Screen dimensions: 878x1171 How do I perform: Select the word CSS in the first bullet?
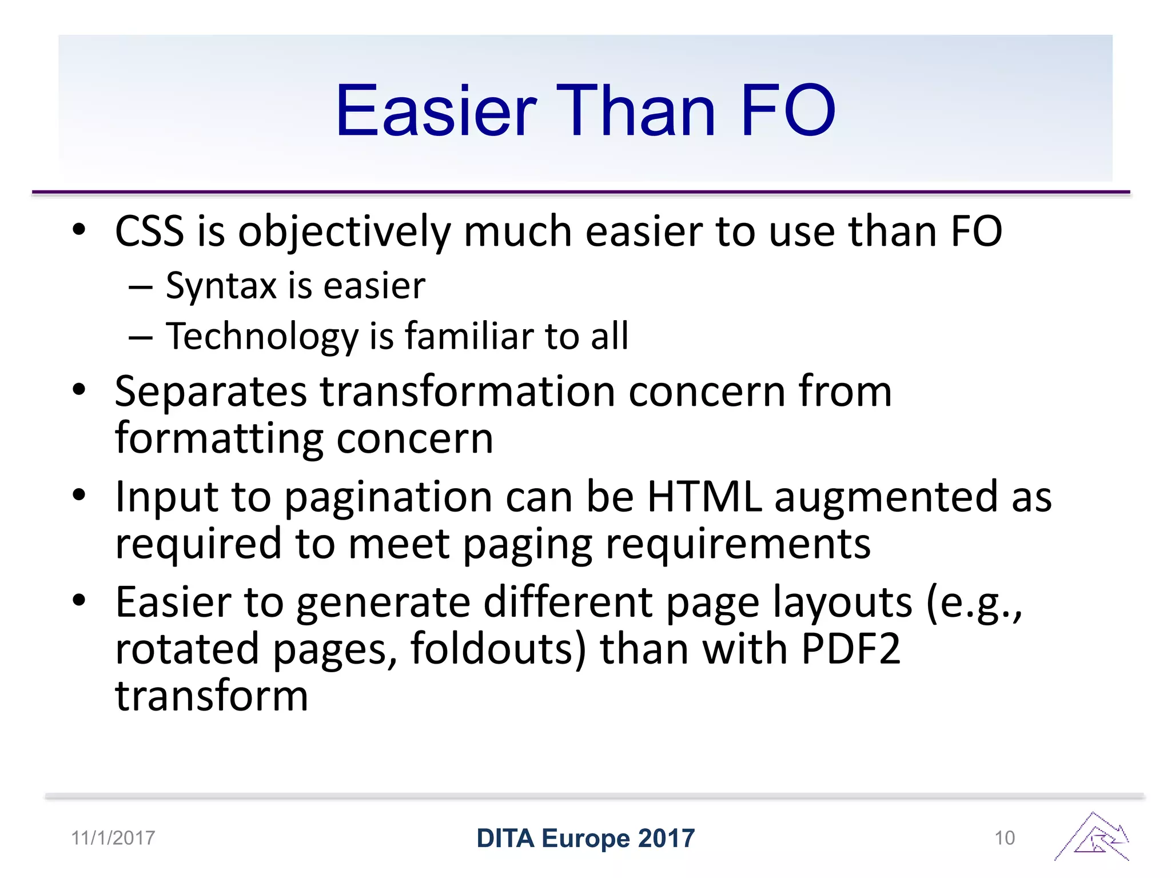(149, 232)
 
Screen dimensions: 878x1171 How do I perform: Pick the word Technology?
(262, 336)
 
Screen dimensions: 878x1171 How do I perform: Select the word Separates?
(211, 392)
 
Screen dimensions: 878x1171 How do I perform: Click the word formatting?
(220, 439)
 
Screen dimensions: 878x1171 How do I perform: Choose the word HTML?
(704, 496)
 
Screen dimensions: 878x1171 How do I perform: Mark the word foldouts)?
(498, 649)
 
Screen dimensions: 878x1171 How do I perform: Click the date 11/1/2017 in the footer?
(113, 838)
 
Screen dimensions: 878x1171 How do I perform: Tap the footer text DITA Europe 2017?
(585, 839)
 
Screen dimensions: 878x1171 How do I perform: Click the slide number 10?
(1005, 838)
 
